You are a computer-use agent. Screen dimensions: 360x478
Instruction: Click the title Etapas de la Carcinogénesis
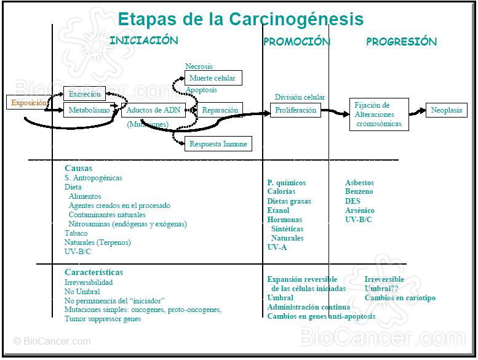[x=240, y=19]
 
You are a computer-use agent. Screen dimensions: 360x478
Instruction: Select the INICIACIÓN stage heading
[x=143, y=41]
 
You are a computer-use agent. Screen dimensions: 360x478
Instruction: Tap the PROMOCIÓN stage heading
[x=297, y=42]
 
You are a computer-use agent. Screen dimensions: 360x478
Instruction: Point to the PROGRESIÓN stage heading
[x=401, y=42]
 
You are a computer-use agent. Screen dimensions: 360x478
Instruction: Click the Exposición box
[x=28, y=103]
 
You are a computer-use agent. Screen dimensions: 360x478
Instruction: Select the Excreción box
[x=85, y=94]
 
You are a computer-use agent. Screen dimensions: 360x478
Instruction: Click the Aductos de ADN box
[x=153, y=110]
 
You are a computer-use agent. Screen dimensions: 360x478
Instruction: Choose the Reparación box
[x=219, y=110]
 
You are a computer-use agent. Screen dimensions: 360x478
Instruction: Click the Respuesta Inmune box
[x=218, y=144]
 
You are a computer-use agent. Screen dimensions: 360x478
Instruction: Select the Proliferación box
[x=296, y=110]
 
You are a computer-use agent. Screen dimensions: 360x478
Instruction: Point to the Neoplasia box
[x=447, y=110]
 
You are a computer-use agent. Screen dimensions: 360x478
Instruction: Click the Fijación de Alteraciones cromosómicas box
[x=379, y=114]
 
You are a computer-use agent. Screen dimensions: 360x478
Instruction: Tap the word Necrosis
[x=199, y=66]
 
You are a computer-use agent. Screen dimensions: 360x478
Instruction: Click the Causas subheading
[x=78, y=168]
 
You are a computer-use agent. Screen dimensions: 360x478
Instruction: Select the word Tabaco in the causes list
[x=76, y=233]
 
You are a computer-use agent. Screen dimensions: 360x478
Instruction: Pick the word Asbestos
[x=359, y=183]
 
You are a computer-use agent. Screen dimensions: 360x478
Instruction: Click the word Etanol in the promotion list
[x=278, y=210]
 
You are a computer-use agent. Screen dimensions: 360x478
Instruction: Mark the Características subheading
[x=94, y=272]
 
